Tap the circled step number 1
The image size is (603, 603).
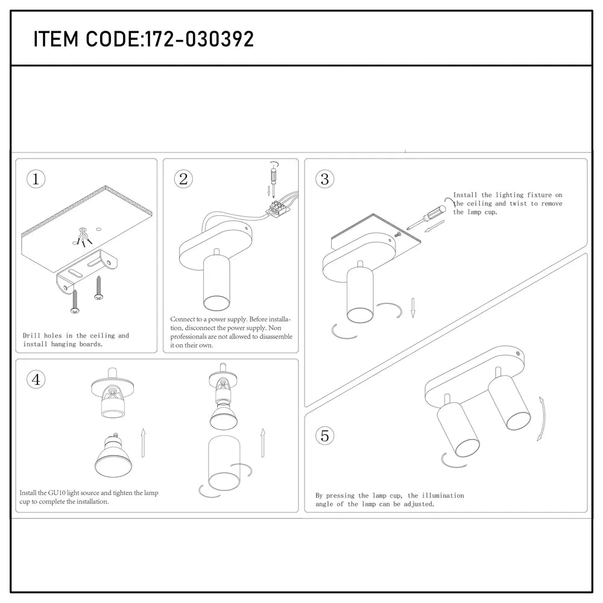tap(36, 178)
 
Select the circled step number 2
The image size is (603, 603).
tap(183, 178)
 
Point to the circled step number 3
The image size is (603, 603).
tap(324, 178)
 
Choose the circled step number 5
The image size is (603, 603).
tap(324, 435)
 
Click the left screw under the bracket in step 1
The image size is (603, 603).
tap(76, 301)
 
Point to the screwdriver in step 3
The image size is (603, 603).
tap(426, 215)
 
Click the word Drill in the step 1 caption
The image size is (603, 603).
tap(31, 336)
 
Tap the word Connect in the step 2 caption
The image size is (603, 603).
tap(183, 320)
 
